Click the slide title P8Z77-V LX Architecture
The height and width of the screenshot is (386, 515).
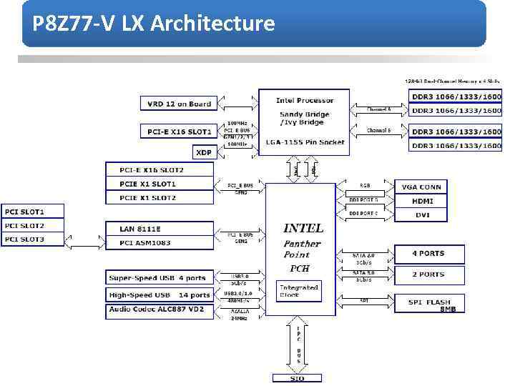pyautogui.click(x=154, y=24)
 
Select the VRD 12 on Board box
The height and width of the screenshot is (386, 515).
pyautogui.click(x=180, y=104)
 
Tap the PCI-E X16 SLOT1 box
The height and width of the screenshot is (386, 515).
pyautogui.click(x=180, y=132)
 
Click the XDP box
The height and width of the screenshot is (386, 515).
pyautogui.click(x=204, y=152)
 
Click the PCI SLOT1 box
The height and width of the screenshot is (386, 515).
pyautogui.click(x=33, y=212)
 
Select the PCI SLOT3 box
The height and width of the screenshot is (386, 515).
pyautogui.click(x=33, y=239)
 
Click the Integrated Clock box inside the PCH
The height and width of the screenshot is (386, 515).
pyautogui.click(x=298, y=290)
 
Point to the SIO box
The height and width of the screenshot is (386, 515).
pyautogui.click(x=298, y=378)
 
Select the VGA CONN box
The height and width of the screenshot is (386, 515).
pyautogui.click(x=422, y=187)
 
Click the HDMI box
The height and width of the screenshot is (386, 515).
pyautogui.click(x=422, y=201)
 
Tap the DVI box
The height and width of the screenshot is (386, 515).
pyautogui.click(x=422, y=214)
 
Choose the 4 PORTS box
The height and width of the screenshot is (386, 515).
pyautogui.click(x=428, y=254)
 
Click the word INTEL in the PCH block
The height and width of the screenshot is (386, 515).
pyautogui.click(x=303, y=228)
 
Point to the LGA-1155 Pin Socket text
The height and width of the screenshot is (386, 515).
pyautogui.click(x=305, y=142)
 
